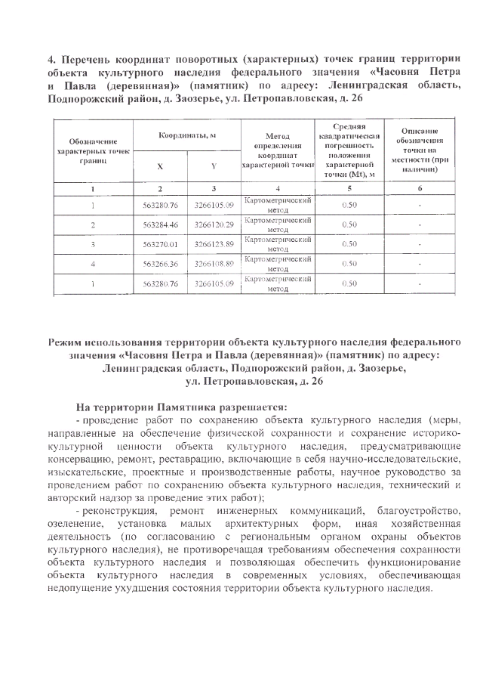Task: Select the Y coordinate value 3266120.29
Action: click(x=214, y=224)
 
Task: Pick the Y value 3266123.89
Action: click(x=214, y=244)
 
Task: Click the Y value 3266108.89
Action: click(x=214, y=264)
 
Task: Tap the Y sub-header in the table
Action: click(x=214, y=165)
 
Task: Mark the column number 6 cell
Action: click(x=420, y=187)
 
